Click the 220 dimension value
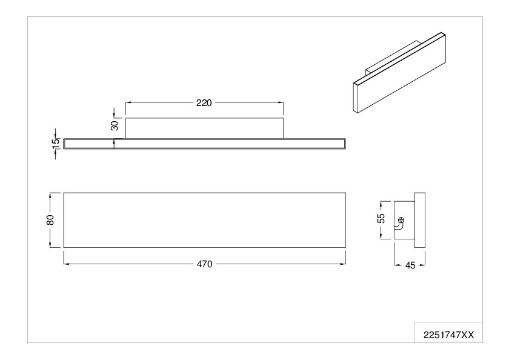click(x=204, y=103)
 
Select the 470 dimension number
click(x=205, y=264)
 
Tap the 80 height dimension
click(x=50, y=220)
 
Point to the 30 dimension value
click(x=115, y=125)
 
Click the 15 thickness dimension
click(x=56, y=144)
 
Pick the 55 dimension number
click(x=382, y=218)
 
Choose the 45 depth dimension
click(x=410, y=265)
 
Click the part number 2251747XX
click(x=448, y=335)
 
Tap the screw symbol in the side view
click(x=402, y=220)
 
